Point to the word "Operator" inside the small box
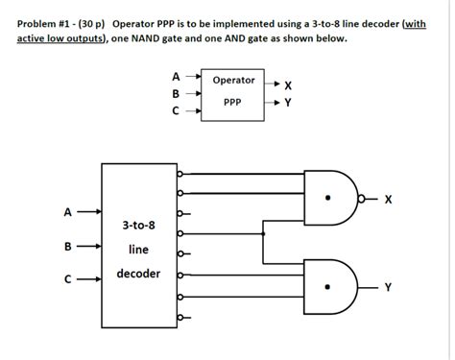point(233,81)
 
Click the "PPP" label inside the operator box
point(233,102)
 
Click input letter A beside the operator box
point(175,76)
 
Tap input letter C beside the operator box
point(175,111)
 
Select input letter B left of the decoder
point(67,246)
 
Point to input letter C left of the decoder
point(67,280)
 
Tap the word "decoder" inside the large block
point(138,274)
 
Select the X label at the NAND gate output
point(388,200)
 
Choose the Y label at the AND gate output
point(388,285)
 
